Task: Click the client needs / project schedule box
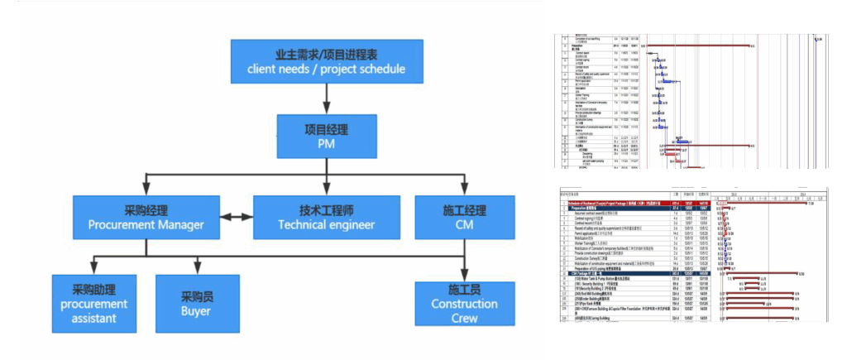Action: pyautogui.click(x=326, y=61)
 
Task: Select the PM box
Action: pyautogui.click(x=326, y=137)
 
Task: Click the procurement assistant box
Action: pyautogui.click(x=93, y=304)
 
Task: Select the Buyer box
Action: pyautogui.click(x=196, y=304)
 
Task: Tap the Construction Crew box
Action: pyautogui.click(x=464, y=304)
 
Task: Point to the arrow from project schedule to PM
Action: pyautogui.click(x=326, y=99)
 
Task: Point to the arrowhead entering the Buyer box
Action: pyautogui.click(x=196, y=270)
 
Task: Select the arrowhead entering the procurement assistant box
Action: pyautogui.click(x=93, y=270)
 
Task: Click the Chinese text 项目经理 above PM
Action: pyautogui.click(x=326, y=130)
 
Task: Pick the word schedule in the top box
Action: pyautogui.click(x=377, y=69)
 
